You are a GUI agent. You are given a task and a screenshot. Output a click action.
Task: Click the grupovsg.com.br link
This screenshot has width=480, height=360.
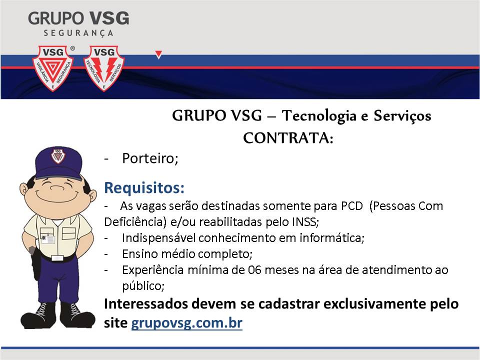[186, 323]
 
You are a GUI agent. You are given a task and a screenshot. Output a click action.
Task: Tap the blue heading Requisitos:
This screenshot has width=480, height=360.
[144, 187]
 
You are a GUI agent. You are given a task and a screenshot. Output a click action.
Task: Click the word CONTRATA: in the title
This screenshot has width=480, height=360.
[288, 138]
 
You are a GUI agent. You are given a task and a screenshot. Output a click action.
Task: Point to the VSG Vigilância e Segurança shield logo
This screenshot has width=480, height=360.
[53, 68]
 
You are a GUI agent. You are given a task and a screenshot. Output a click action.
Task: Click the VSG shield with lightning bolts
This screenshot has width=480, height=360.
[104, 68]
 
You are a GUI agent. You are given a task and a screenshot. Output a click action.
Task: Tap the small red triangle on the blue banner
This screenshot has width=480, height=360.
[158, 54]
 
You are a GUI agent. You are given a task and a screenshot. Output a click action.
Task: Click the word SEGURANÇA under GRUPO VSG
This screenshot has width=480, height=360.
[78, 33]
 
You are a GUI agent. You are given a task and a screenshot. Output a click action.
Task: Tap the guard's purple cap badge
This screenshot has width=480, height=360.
[57, 156]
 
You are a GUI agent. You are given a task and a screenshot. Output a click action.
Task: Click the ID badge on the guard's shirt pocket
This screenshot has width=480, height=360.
[48, 238]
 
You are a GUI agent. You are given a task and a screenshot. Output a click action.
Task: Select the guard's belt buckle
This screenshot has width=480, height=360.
[57, 258]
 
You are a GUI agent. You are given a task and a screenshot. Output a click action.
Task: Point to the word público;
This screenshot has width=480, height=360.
[143, 286]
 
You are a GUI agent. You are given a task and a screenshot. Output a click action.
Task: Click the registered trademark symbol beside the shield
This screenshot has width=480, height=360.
[72, 48]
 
